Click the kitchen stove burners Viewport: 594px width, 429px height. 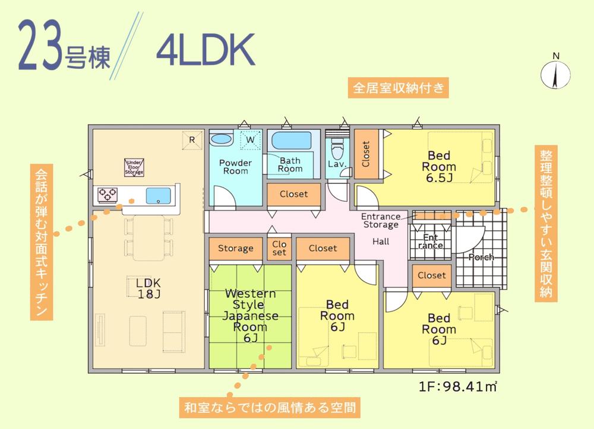108,192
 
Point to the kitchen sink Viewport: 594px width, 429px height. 159,194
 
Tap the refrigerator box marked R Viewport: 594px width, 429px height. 192,139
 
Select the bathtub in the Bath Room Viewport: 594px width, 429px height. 290,142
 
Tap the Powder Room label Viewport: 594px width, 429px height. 235,167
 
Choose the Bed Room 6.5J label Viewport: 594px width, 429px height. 439,167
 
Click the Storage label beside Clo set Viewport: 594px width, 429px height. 235,248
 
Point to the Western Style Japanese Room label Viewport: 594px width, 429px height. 250,316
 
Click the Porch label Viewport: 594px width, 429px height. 481,258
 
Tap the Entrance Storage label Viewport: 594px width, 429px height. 381,221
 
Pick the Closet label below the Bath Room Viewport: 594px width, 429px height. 293,194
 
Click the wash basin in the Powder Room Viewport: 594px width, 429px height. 221,139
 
